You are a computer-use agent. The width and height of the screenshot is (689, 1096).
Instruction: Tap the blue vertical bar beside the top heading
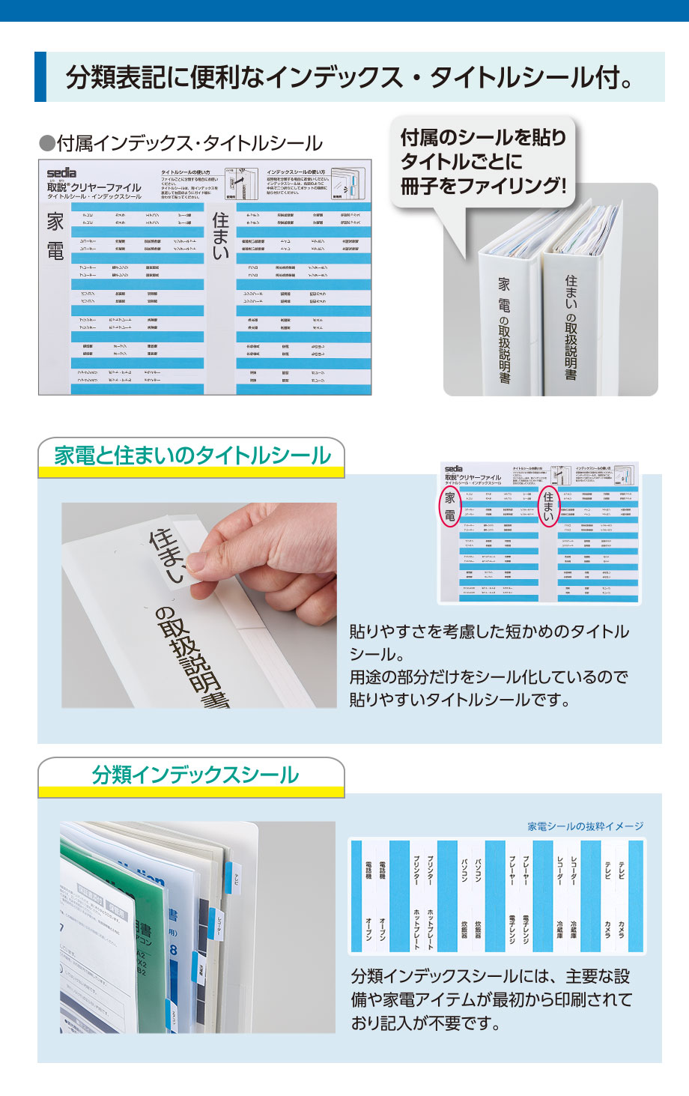40,76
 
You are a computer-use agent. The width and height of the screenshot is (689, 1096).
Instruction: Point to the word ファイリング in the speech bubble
510,186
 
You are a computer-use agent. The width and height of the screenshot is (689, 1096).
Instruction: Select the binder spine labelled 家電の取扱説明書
505,330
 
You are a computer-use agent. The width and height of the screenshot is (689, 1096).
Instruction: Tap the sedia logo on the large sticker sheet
61,173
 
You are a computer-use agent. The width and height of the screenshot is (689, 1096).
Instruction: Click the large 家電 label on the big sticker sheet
56,236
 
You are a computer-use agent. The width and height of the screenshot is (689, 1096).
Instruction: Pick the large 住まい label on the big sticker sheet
220,235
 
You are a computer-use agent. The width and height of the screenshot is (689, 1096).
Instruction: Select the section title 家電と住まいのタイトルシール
192,455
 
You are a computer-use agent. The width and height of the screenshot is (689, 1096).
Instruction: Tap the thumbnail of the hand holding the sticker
199,605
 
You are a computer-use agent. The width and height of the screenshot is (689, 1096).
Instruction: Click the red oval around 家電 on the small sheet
449,506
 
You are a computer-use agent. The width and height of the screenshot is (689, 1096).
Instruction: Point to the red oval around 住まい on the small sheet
548,506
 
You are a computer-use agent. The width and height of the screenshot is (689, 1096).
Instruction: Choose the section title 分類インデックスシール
195,775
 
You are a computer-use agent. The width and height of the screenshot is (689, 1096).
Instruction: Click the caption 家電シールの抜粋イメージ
585,826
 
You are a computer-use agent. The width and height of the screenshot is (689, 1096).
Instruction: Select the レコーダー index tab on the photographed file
219,926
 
